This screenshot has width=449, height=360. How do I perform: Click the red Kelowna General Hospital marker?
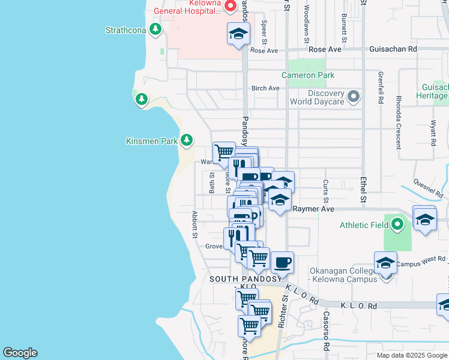point(230,6)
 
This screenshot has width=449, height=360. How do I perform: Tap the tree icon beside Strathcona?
point(156,29)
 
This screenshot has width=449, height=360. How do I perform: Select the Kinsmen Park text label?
point(151,141)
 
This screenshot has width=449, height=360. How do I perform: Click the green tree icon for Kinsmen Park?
point(187,140)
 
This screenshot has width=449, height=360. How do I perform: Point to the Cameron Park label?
point(308,75)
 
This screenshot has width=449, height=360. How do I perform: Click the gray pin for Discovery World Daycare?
point(354,96)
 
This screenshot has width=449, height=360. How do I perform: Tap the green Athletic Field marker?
point(397,226)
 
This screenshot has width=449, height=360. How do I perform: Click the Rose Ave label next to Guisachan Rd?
point(325,49)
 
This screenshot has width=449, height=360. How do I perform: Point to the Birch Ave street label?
point(265,88)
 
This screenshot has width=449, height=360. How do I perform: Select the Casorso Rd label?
point(326,331)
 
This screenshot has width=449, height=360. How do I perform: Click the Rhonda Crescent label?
point(398,130)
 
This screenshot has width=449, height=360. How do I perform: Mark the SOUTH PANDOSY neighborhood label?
point(245,280)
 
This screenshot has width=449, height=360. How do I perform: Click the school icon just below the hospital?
point(238,34)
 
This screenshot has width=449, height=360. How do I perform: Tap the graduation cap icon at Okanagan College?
point(385,263)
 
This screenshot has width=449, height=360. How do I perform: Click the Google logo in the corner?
point(20,353)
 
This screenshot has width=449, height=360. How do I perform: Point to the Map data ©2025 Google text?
point(411,355)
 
